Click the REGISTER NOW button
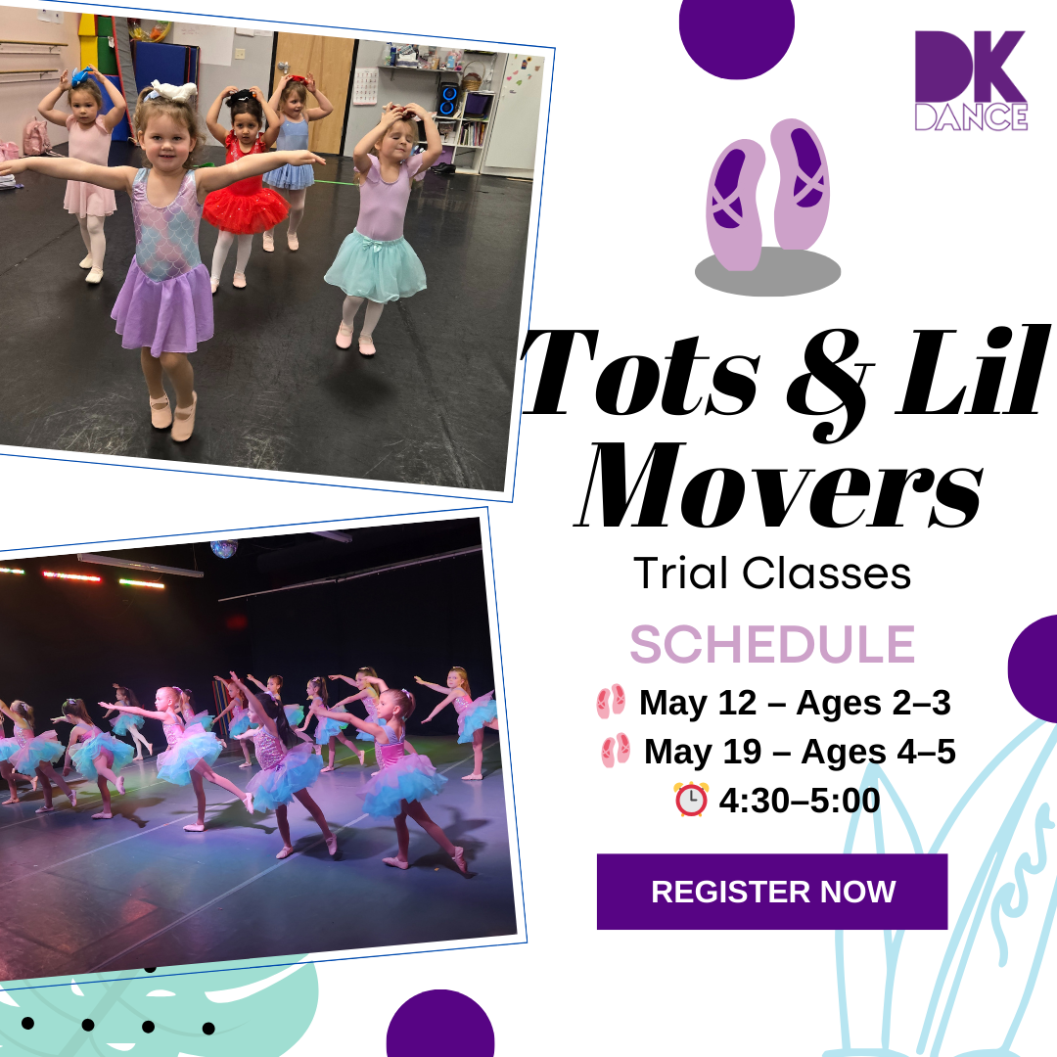tap(772, 892)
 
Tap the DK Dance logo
tap(971, 80)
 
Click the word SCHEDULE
tap(772, 644)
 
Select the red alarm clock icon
tap(691, 800)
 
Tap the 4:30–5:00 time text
tap(800, 801)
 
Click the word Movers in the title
tap(779, 485)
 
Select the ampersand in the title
tap(831, 385)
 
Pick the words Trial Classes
tap(772, 573)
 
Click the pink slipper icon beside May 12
tap(611, 701)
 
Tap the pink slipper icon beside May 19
tap(616, 750)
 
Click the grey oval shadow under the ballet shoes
tap(768, 272)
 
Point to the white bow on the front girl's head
tap(174, 91)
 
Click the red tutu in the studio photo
tap(237, 209)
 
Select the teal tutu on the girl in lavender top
tap(376, 267)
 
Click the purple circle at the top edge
tap(737, 37)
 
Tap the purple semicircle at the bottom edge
tap(440, 1025)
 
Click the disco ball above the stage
tap(224, 549)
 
